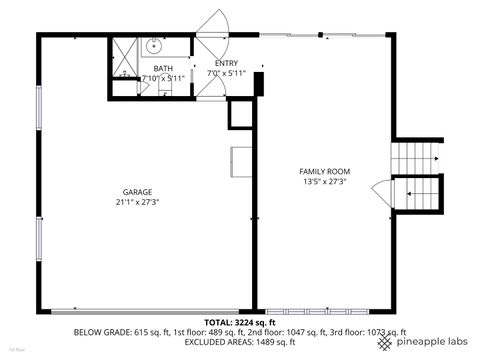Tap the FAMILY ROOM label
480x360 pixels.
(325, 171)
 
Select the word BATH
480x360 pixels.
(162, 67)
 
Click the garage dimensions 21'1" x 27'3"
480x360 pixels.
(137, 201)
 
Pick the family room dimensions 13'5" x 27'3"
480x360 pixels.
(325, 182)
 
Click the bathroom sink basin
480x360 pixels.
(155, 45)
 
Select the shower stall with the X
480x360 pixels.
(125, 55)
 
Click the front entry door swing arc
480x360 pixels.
(213, 25)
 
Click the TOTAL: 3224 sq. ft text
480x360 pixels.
(240, 322)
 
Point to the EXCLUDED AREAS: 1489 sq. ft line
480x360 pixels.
(240, 342)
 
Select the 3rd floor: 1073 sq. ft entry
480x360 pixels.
(371, 332)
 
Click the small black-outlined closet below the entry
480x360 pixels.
(241, 116)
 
